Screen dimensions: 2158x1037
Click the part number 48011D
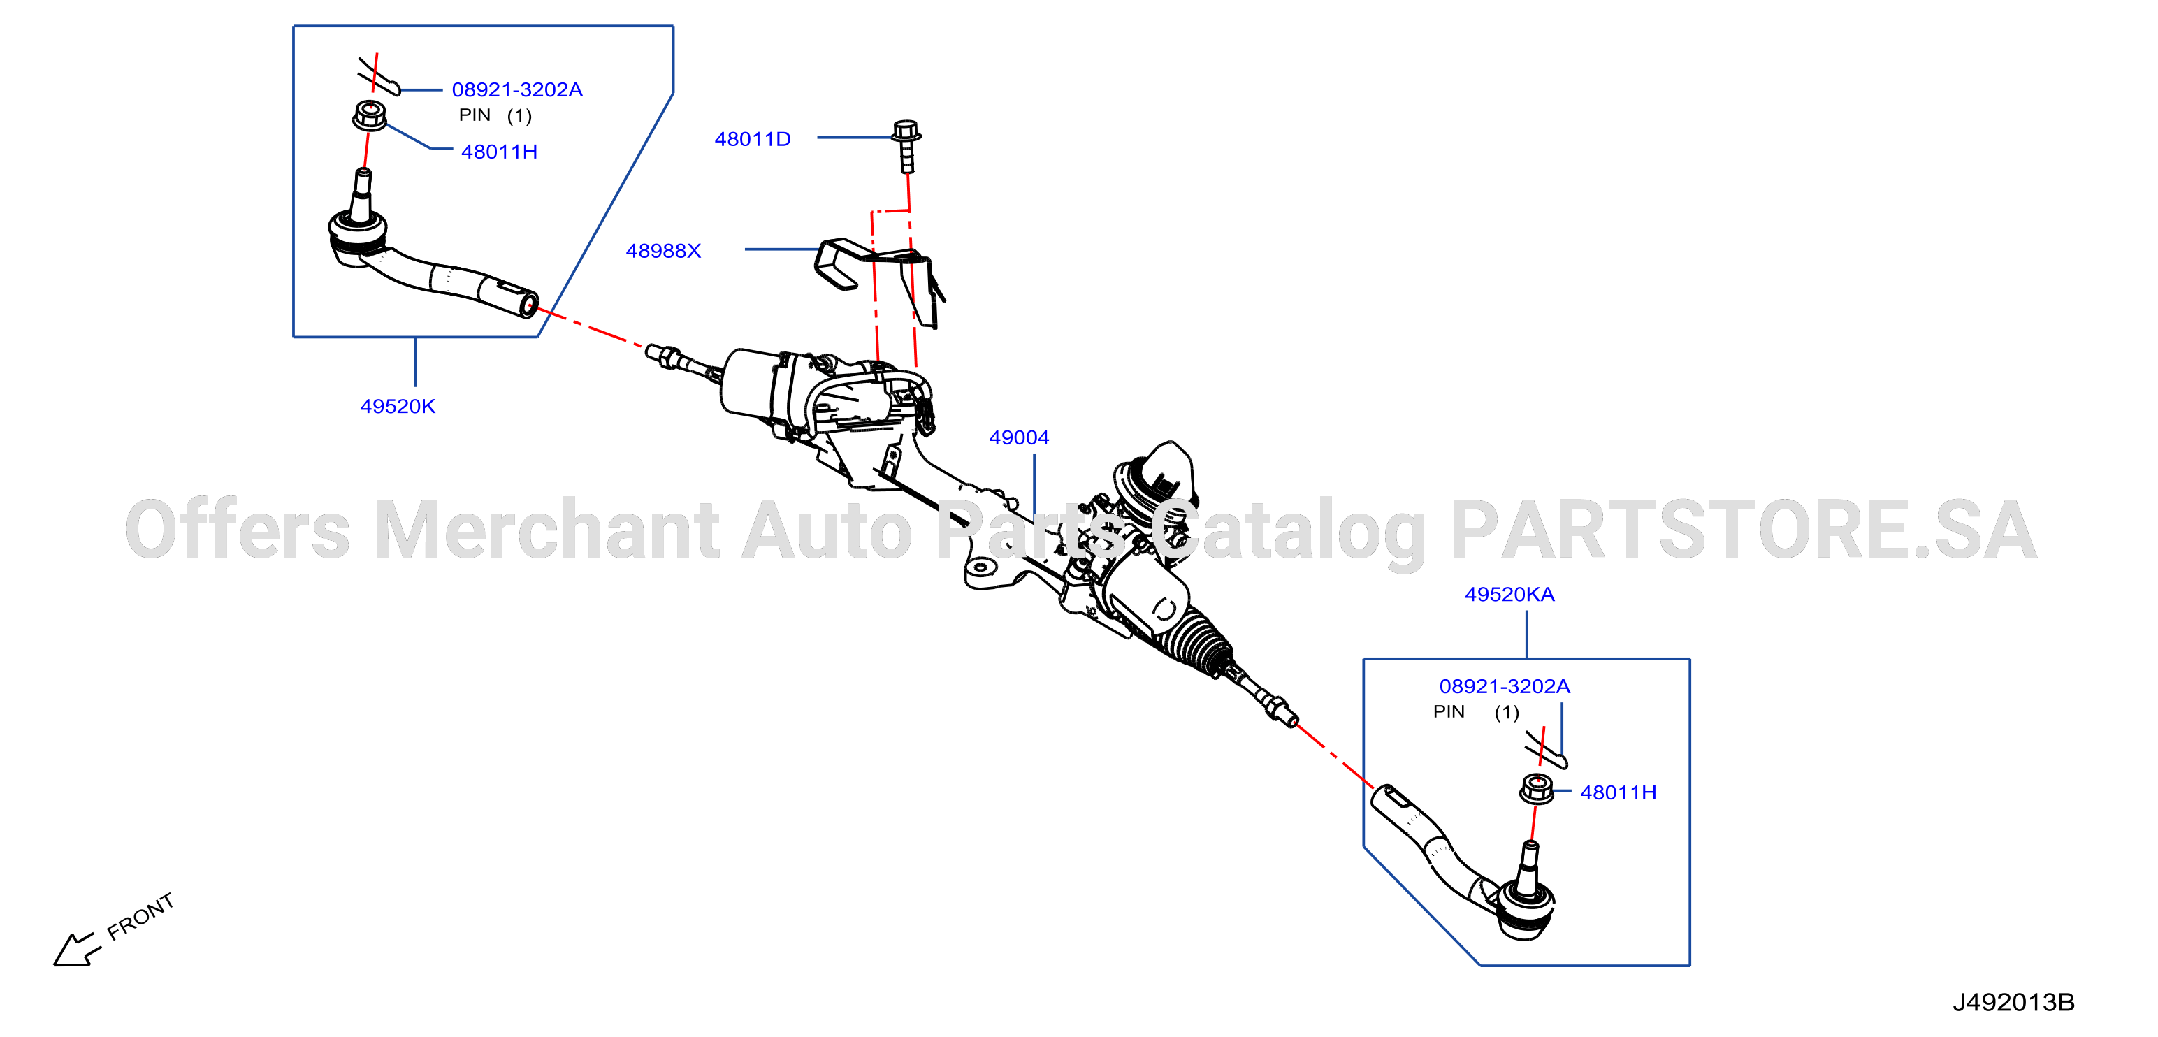tap(752, 139)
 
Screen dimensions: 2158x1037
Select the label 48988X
tap(663, 250)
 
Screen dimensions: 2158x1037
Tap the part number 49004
tap(1019, 437)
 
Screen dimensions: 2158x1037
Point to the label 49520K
tap(398, 406)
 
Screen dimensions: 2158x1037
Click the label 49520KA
tap(1509, 594)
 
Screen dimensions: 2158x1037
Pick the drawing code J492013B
tap(2013, 1002)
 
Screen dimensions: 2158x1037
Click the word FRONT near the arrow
tap(140, 915)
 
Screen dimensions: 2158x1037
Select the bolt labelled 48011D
tap(906, 147)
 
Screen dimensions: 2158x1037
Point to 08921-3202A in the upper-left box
tap(517, 89)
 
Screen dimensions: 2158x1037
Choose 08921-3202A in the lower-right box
tap(1505, 686)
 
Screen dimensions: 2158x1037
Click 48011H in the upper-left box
tap(499, 152)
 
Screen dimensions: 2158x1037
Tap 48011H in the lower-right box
tap(1618, 792)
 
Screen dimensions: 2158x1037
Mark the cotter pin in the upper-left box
tap(379, 76)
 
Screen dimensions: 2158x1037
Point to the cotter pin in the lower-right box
tap(1547, 749)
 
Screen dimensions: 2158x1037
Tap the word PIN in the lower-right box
tap(1449, 711)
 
